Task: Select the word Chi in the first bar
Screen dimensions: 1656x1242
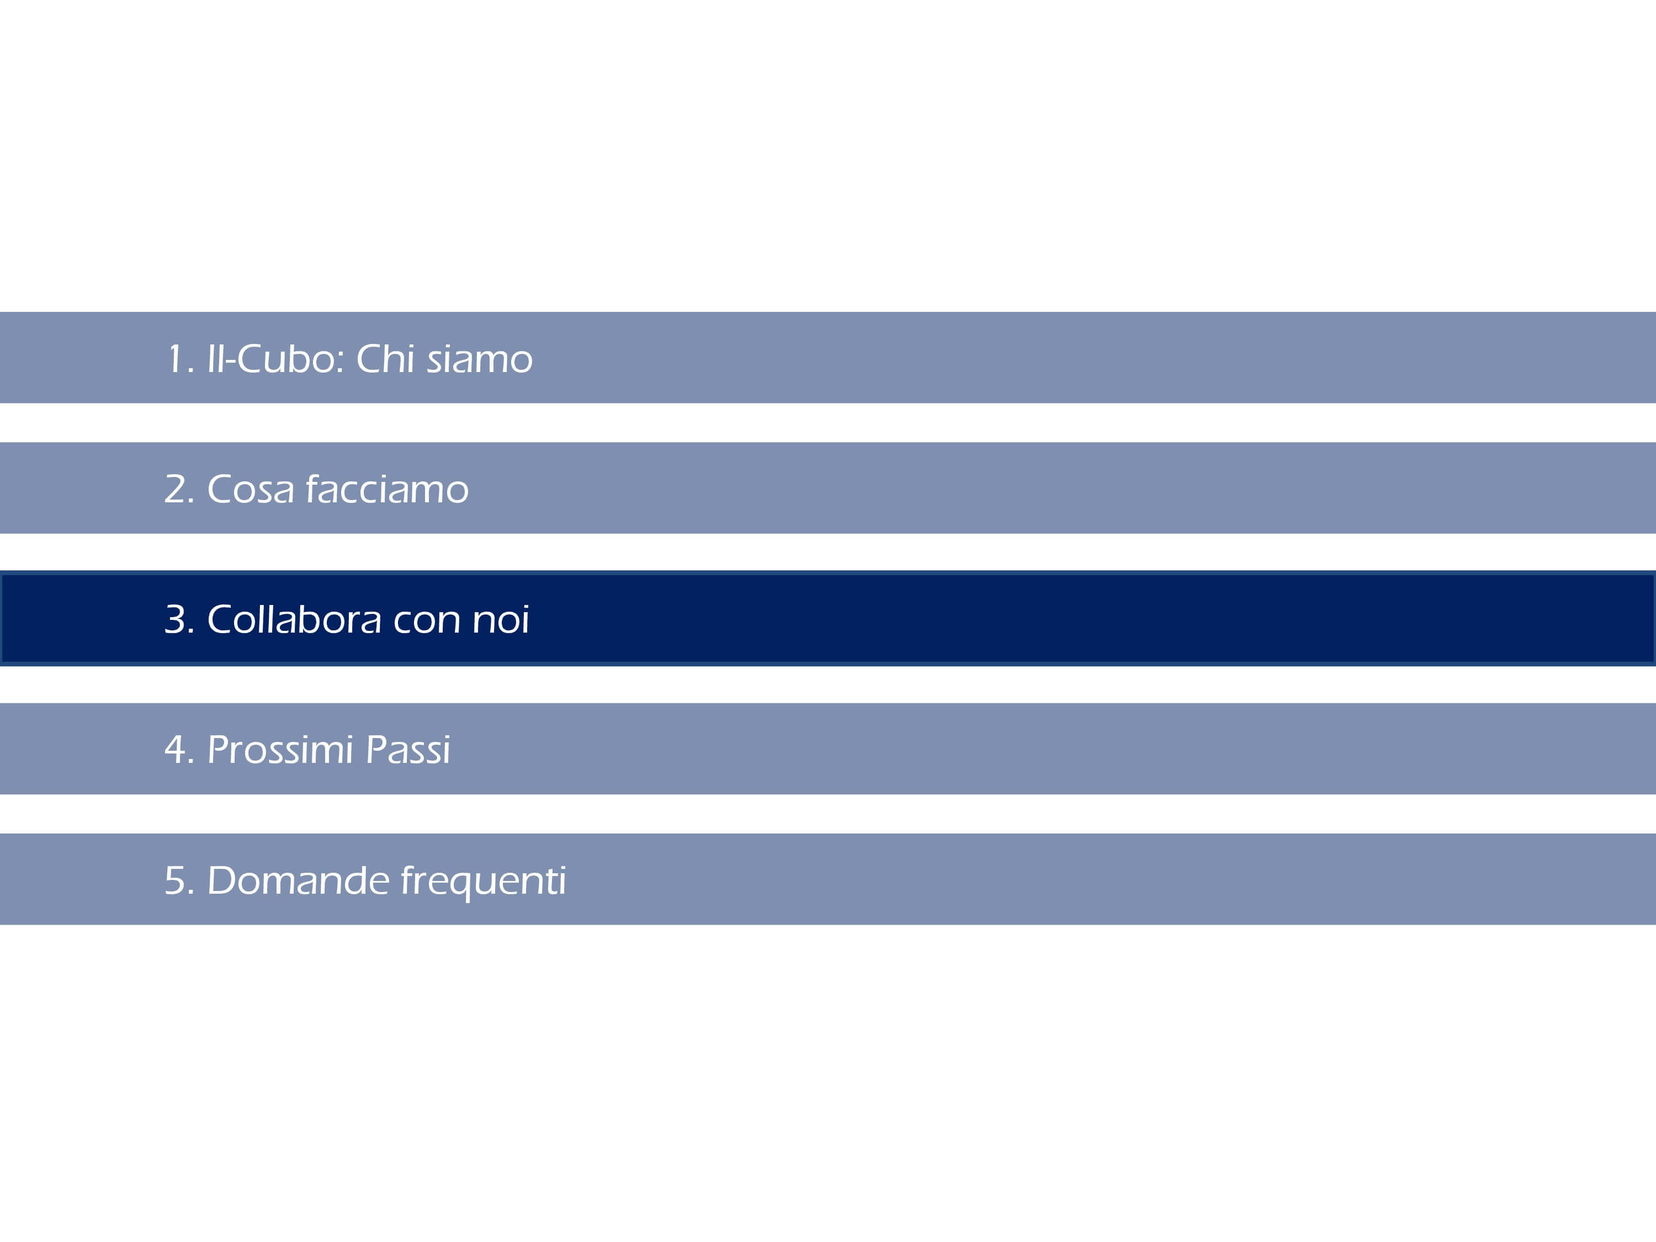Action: coord(385,359)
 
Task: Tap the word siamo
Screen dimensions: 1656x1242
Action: coord(480,360)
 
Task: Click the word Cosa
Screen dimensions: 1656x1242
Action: coord(251,490)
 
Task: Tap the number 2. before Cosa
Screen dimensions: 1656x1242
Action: coord(179,490)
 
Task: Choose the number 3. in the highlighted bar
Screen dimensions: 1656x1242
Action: coord(179,620)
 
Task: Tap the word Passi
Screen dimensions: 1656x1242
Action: coord(408,750)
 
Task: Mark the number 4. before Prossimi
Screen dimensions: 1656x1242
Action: coord(179,750)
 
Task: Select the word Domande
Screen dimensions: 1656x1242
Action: coord(298,880)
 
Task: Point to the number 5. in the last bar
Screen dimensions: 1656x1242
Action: coord(179,880)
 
